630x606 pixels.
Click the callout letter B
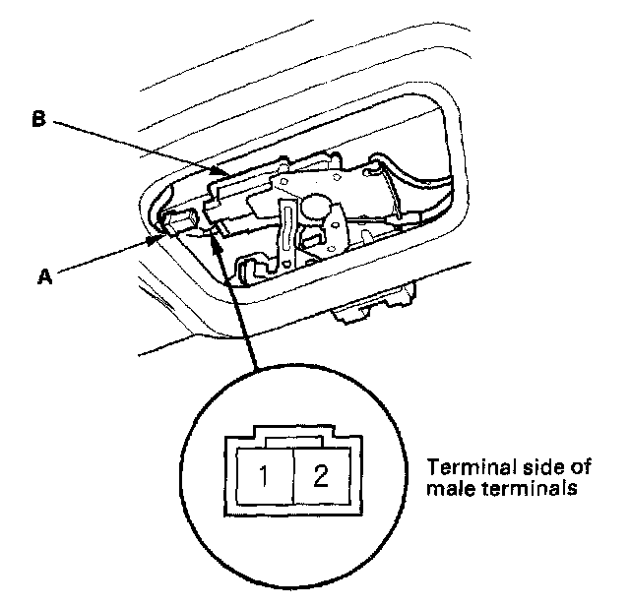click(38, 120)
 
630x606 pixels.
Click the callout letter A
click(43, 278)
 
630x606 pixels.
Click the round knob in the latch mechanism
click(316, 209)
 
